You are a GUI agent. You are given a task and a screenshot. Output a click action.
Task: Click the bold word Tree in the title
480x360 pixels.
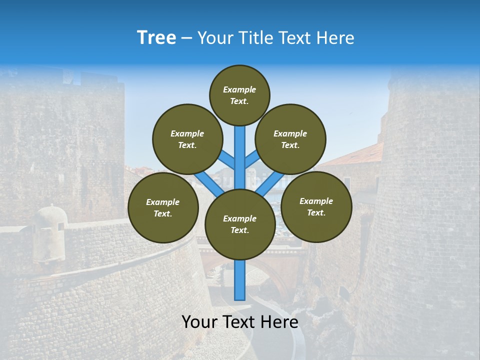(156, 38)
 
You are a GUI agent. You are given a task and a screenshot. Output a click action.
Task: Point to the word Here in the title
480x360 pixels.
(335, 38)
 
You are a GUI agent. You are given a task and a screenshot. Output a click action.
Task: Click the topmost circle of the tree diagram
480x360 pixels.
(239, 95)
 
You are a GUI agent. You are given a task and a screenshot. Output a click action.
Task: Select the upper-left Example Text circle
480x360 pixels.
(187, 139)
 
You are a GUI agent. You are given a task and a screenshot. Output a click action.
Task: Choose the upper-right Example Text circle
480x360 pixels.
(290, 139)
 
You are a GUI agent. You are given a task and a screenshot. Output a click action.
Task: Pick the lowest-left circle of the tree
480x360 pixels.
(163, 207)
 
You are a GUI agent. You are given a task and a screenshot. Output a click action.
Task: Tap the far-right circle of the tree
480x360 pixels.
(316, 206)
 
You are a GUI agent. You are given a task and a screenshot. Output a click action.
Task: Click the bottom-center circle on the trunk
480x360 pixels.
(240, 224)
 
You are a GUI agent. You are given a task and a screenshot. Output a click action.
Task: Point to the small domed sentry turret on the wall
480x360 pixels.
(49, 220)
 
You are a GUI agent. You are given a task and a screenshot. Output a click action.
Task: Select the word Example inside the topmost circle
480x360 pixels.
(239, 89)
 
